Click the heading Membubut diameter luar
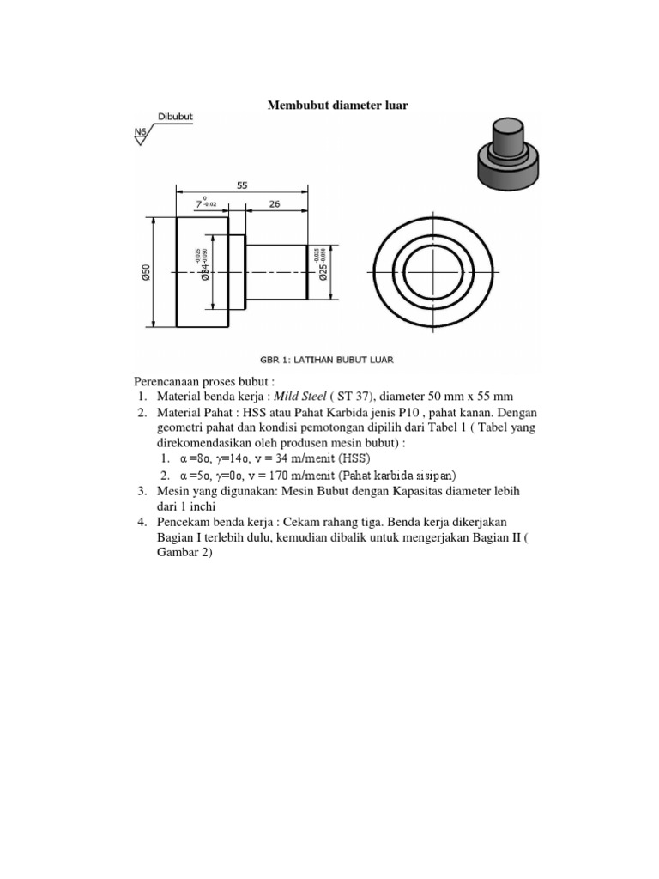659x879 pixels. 337,106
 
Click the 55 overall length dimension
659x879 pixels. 242,184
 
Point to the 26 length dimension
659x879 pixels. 276,204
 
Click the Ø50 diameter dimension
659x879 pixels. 146,272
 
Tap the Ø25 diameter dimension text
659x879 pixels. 322,271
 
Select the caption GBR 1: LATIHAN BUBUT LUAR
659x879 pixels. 327,360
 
